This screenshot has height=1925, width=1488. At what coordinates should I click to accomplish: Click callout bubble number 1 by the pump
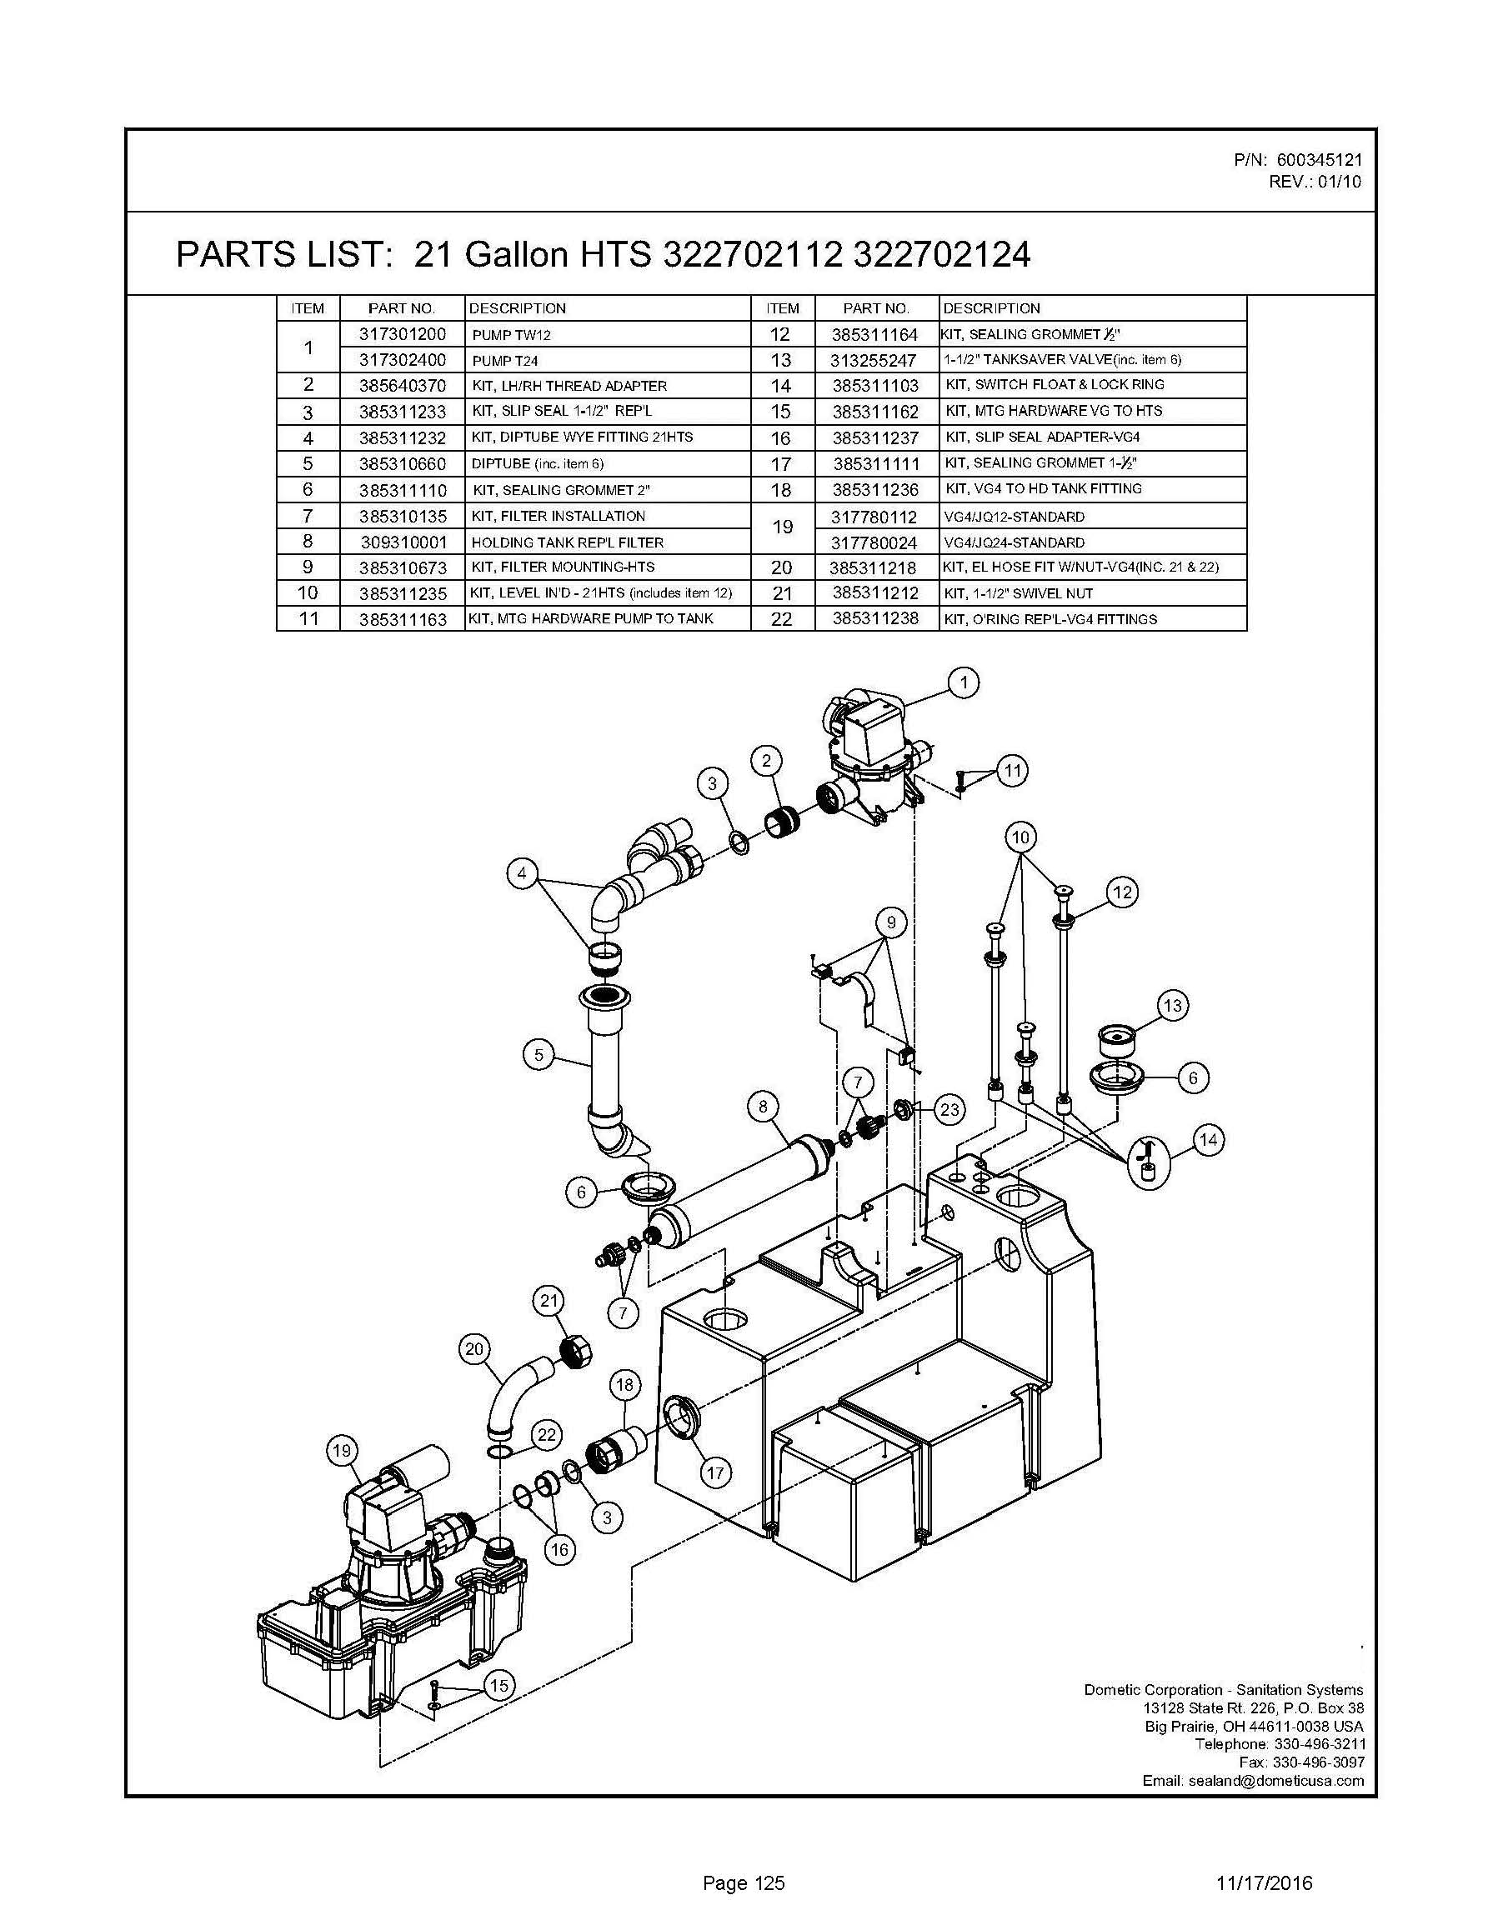pos(964,682)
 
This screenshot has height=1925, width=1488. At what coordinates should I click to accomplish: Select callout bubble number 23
pos(949,1109)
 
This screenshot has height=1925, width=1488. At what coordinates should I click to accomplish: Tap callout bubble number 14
pos(1208,1140)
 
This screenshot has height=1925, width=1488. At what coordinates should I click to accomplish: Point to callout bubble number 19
pos(342,1451)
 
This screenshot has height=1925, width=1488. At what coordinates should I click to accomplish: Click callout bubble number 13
pos(1171,1006)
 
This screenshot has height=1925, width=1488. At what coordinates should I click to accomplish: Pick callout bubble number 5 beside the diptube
pos(539,1054)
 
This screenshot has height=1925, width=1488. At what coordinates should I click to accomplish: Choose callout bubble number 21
pos(549,1300)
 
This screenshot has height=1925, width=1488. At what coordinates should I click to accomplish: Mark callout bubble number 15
pos(499,1685)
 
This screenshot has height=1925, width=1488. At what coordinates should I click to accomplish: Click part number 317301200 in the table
pos(402,334)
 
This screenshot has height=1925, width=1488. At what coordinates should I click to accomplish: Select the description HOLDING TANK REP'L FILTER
pos(567,542)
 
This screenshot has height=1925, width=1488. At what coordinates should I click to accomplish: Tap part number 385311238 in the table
pos(874,618)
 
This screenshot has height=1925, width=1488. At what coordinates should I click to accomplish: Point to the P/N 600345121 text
pos(1298,159)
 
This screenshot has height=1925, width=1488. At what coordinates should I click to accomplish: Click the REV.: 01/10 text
pos(1315,182)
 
